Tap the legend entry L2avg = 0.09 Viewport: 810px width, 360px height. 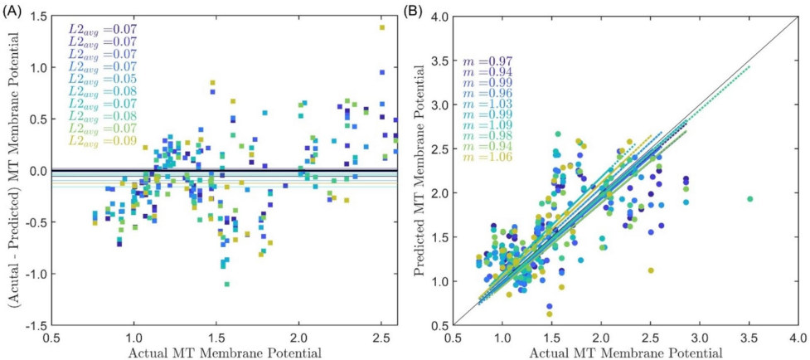point(103,142)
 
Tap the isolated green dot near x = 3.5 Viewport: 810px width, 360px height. point(749,199)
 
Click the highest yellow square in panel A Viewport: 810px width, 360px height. point(382,27)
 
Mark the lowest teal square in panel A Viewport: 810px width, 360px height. point(226,285)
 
